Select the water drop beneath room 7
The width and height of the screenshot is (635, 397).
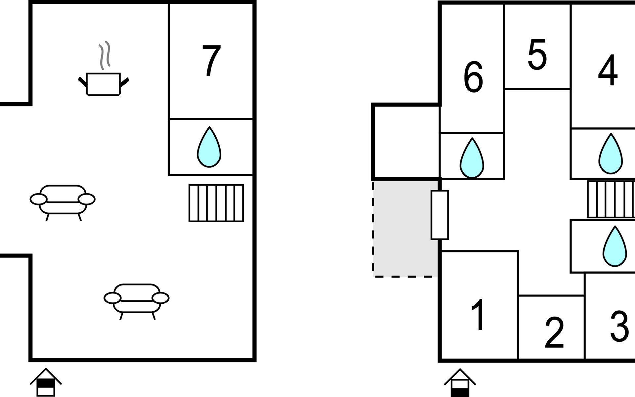[209, 147]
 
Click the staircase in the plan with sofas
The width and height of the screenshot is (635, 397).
[216, 203]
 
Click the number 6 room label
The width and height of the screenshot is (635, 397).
[473, 77]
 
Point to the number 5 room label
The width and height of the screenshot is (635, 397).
[537, 55]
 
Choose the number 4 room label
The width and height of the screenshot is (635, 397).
[608, 70]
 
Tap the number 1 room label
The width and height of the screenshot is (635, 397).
[478, 314]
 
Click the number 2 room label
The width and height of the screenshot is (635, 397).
[554, 332]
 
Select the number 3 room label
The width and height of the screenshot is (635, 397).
[619, 326]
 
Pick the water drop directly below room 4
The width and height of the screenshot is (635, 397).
[611, 154]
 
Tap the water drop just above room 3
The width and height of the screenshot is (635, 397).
[614, 247]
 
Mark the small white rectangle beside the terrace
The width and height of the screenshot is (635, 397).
[440, 215]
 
